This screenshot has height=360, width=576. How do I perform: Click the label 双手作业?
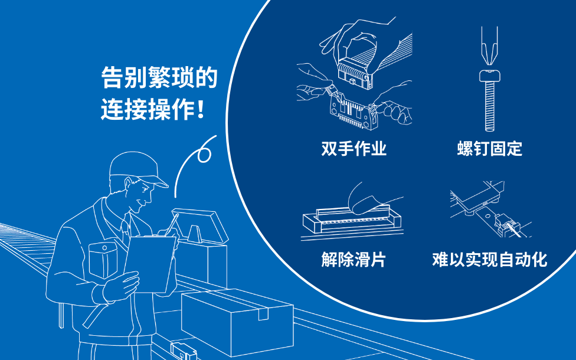point(354,148)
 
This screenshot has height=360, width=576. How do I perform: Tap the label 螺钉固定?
point(490,148)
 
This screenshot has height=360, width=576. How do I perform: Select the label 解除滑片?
point(354,259)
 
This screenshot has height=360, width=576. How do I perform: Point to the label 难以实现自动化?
point(490,259)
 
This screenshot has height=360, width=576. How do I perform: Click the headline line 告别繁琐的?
point(159,77)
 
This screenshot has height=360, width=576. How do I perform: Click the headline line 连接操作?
point(152,109)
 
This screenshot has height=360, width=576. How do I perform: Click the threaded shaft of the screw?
point(490,106)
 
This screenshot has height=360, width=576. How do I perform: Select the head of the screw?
point(490,76)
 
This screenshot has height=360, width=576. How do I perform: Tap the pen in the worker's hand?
point(172,224)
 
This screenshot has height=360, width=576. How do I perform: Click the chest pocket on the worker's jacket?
point(103,259)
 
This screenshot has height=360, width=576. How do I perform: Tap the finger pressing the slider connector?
point(371,199)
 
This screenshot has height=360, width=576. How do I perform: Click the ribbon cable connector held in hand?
point(355,73)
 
